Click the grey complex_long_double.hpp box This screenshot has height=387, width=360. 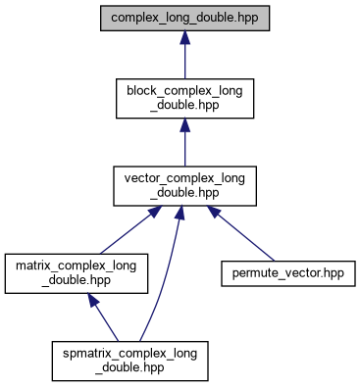point(184,18)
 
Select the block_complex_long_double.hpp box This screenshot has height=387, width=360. point(184,98)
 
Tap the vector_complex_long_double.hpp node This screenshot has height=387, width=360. point(184,186)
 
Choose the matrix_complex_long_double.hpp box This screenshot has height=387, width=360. point(77,273)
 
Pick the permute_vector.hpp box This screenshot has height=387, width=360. point(288,273)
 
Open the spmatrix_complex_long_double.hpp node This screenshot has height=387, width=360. point(130,361)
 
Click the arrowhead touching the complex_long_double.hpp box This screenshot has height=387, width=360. point(184,37)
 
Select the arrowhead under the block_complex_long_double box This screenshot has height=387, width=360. point(184,124)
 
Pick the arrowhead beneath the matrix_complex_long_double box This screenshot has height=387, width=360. point(93,300)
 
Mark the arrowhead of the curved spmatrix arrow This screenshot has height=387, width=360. point(180,213)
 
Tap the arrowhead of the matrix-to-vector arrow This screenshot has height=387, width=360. point(155,212)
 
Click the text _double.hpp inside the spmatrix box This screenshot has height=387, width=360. point(129,367)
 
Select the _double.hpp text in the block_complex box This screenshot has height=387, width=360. point(184,105)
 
